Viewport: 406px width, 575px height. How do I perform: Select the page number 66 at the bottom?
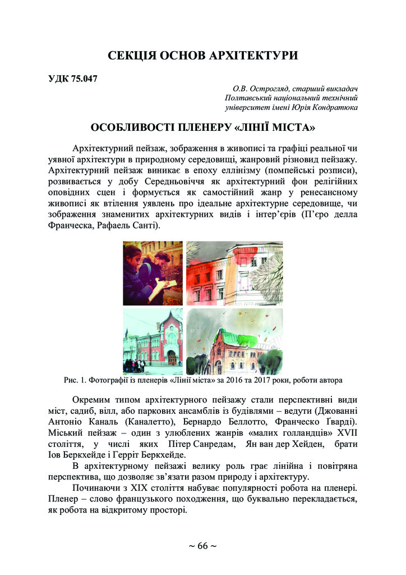pos(202,546)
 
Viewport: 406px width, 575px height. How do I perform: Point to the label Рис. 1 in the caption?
pos(76,380)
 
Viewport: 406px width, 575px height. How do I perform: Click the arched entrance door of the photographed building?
pos(170,355)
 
